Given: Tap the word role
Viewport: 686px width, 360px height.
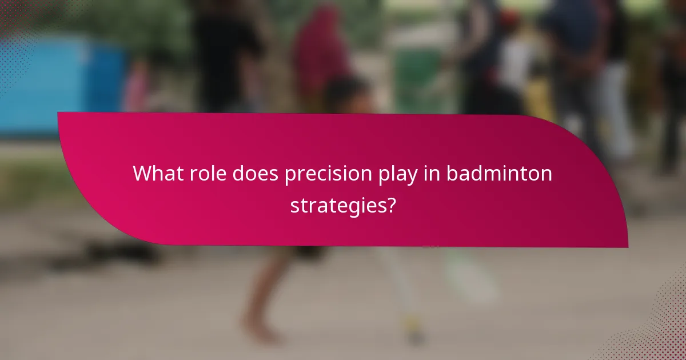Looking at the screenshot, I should pyautogui.click(x=208, y=174).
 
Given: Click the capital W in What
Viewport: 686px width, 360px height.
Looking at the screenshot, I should pyautogui.click(x=141, y=174).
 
